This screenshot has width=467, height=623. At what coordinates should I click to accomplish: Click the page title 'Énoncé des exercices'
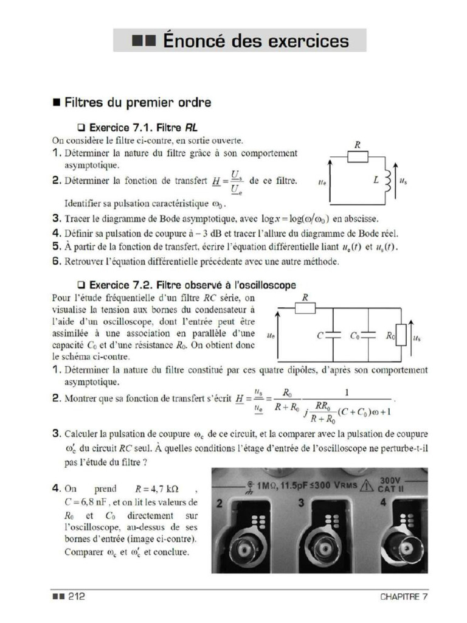coord(240,41)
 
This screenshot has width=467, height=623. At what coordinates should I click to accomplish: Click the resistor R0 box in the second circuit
coord(401,335)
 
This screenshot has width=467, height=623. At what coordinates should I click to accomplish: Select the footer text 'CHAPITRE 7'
coord(404,597)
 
